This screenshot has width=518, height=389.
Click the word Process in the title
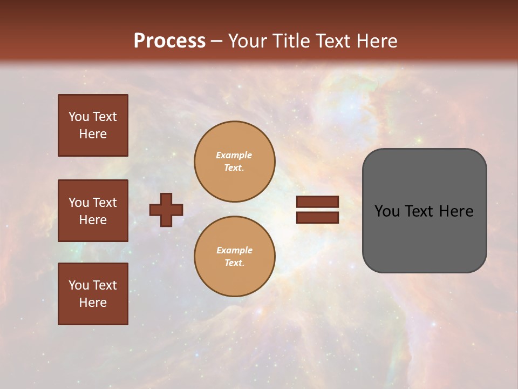[x=169, y=41]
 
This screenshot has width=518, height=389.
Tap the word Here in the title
[x=377, y=41]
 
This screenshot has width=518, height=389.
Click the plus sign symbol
[x=166, y=210]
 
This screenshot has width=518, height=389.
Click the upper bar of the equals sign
[x=317, y=202]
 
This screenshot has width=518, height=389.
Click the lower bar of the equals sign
[x=317, y=217]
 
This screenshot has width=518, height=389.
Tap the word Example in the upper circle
[x=234, y=155]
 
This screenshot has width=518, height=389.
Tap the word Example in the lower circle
[x=234, y=250]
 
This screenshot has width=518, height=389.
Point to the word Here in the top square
[x=93, y=134]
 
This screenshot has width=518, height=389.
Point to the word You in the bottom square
[x=79, y=285]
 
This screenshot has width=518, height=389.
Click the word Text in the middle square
[x=104, y=203]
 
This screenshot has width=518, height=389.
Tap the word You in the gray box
[x=387, y=211]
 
